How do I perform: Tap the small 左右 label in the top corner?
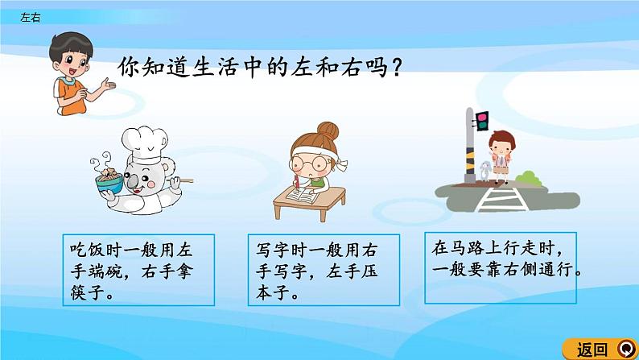30,17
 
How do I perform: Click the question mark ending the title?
396,68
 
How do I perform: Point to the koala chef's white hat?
145,144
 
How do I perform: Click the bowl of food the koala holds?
109,180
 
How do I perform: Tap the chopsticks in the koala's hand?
182,180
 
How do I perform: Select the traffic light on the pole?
481,121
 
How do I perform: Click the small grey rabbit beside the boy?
484,171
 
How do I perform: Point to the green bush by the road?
530,179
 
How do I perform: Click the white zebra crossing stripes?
502,199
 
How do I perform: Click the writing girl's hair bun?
328,130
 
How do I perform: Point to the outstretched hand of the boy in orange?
108,85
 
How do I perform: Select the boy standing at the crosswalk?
501,157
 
